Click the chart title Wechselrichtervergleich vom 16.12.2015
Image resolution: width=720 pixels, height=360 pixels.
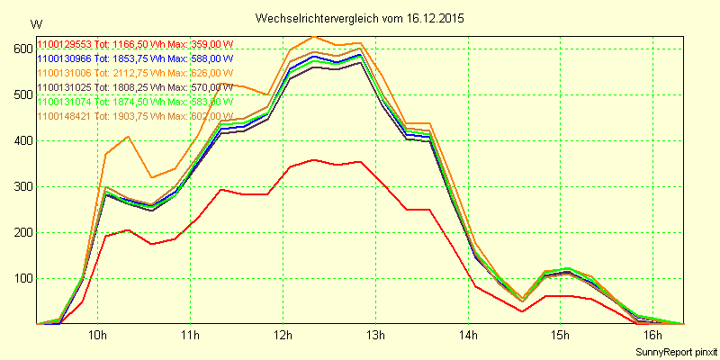361,18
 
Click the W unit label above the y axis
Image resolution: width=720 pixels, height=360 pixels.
35,24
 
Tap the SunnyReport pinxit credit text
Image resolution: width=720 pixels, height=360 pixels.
675,350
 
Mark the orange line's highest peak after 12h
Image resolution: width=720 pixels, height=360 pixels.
313,36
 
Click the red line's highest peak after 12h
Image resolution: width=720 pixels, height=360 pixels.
313,159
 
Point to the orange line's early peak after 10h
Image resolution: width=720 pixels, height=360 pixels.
129,136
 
